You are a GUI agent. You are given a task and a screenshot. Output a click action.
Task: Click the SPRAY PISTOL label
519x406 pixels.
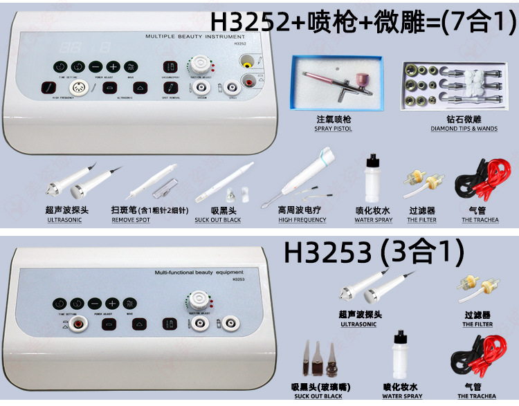point(332,129)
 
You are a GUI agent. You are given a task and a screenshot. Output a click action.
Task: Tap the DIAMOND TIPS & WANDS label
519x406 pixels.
point(453,129)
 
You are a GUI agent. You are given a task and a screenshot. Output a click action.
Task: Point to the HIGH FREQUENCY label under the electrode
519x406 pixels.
point(302,220)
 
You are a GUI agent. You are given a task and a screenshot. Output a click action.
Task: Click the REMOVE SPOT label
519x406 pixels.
point(130,220)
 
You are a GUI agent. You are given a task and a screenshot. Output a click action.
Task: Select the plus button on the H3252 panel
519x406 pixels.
point(113,67)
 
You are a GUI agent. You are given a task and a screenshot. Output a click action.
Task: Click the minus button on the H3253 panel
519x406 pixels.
point(95,304)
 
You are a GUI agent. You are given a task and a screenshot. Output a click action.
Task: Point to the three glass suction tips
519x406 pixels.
point(317,360)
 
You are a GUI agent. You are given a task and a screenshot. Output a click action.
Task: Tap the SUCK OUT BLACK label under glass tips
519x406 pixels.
point(318,396)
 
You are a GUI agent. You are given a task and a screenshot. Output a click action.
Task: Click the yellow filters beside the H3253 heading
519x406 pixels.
point(477,290)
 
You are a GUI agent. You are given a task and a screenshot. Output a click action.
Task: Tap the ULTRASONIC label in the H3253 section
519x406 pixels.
point(358,324)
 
